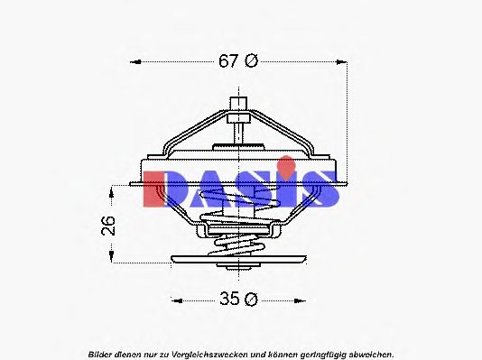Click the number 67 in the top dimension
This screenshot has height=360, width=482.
click(229, 61)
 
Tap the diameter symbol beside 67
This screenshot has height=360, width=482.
click(252, 61)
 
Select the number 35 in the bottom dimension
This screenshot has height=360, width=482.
click(230, 300)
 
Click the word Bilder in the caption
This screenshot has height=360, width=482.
click(101, 354)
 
